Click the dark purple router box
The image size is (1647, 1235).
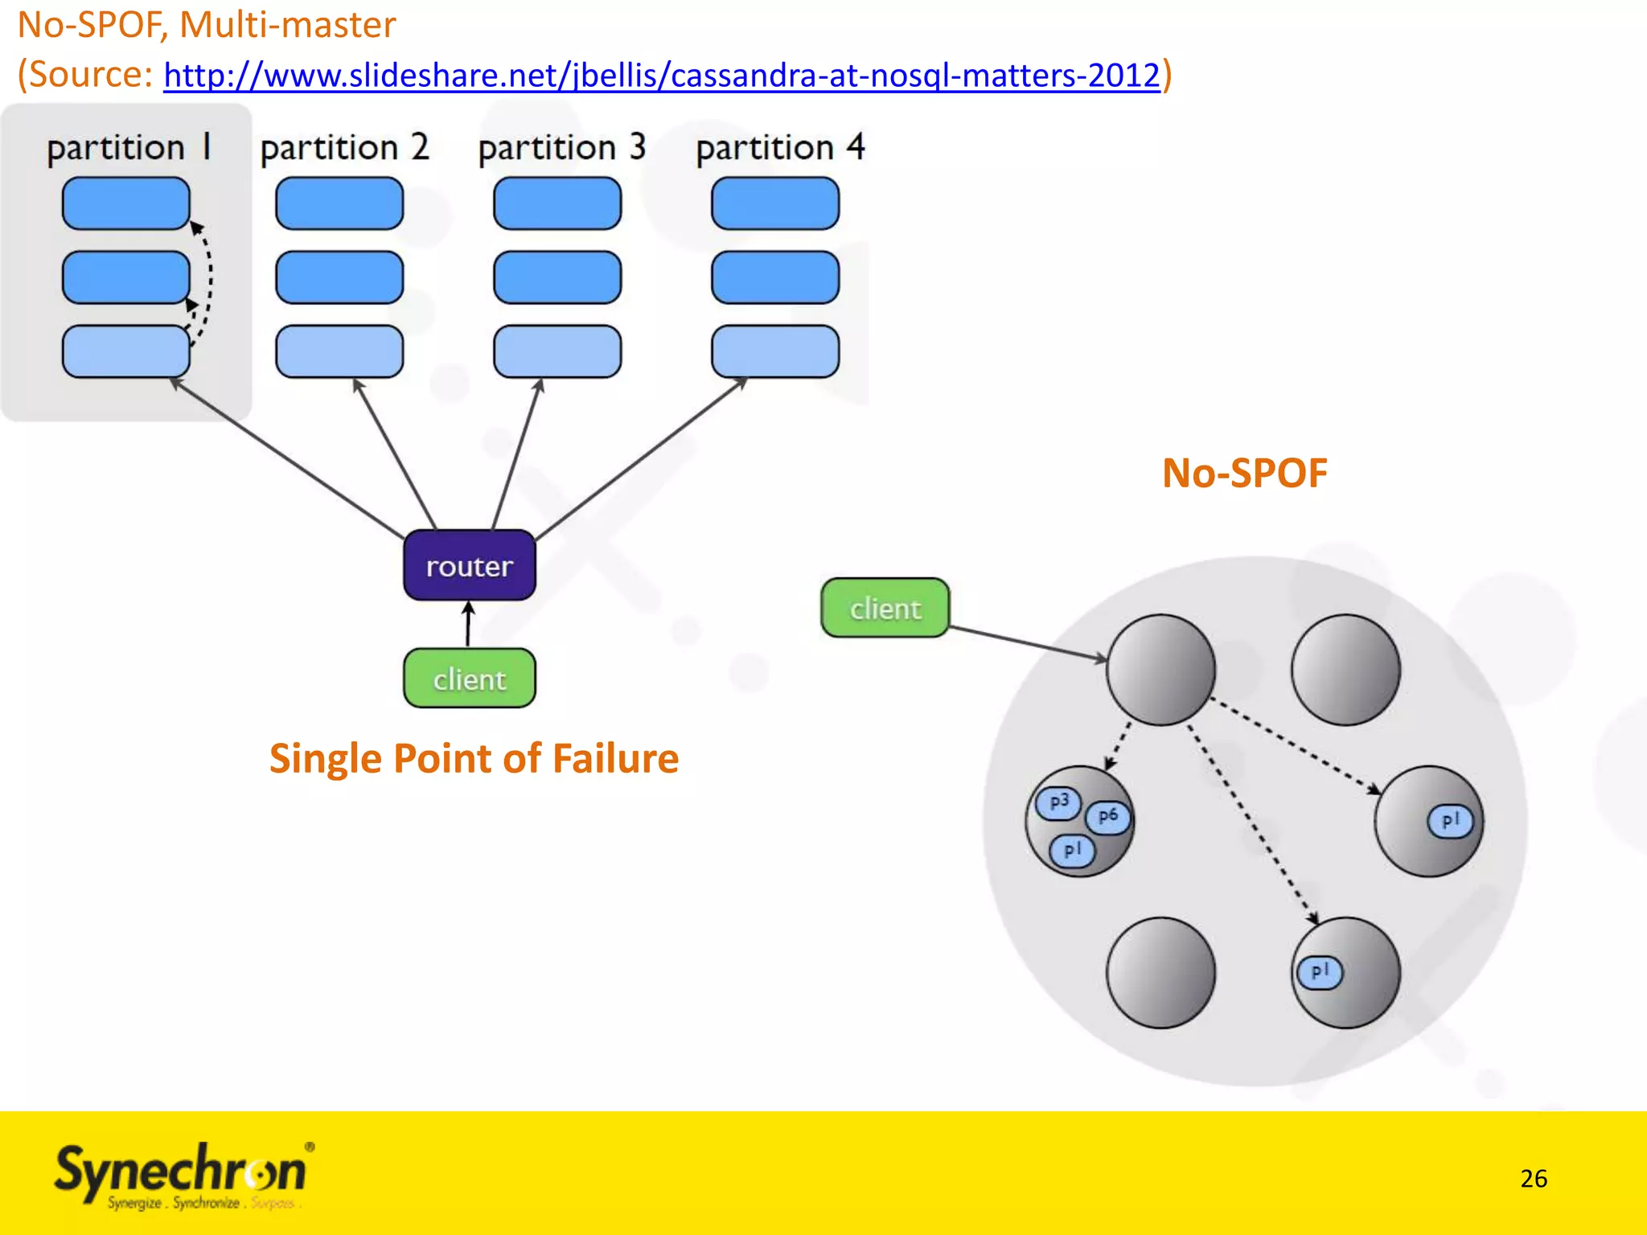pos(470,565)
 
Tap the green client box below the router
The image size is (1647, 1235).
pos(470,679)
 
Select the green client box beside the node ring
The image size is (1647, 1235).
pos(885,608)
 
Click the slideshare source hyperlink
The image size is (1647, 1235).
pos(662,75)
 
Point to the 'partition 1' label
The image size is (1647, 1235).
pos(129,148)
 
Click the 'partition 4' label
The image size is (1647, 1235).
pos(780,148)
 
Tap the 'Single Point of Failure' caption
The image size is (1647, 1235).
pos(474,758)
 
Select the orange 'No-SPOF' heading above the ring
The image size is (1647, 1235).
pos(1244,473)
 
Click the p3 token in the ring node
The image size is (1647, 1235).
pos(1058,802)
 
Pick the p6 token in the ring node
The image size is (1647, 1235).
pos(1107,816)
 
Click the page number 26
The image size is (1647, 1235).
pos(1534,1178)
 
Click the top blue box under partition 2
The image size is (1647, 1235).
pos(339,203)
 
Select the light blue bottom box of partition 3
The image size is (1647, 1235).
pos(557,351)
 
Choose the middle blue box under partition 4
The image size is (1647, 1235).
pos(775,277)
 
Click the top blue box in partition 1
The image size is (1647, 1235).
pos(126,203)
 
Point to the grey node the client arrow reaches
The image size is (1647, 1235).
pos(1160,670)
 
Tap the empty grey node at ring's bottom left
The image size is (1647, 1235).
pos(1160,972)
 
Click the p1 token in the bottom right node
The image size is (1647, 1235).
pos(1320,972)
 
